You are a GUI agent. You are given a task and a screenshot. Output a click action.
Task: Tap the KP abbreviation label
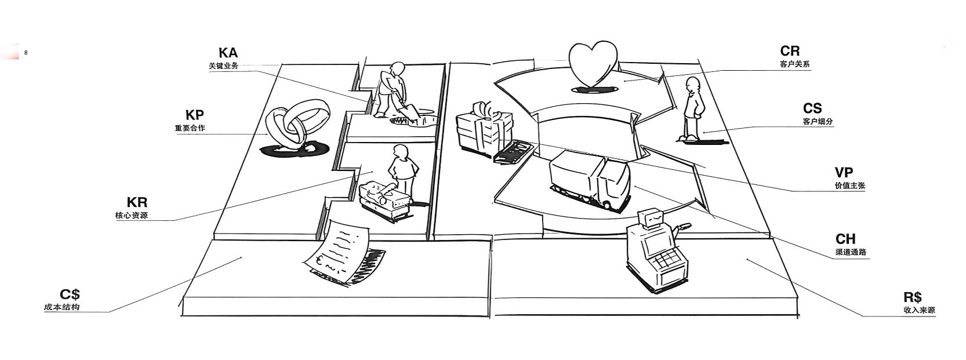(x=194, y=115)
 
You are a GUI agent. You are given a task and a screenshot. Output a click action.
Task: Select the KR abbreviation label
(x=137, y=202)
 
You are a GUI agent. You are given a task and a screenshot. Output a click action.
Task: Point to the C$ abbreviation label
(x=70, y=294)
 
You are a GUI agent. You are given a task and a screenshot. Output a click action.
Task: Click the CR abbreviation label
(x=790, y=52)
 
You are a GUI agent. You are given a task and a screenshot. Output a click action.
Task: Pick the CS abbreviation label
(x=812, y=108)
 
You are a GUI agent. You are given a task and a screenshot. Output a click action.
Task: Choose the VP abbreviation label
(x=844, y=173)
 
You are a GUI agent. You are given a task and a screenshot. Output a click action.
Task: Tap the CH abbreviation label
(x=845, y=239)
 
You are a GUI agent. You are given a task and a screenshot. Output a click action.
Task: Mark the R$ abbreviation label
(x=913, y=297)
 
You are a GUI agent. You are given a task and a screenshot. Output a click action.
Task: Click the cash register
(x=655, y=252)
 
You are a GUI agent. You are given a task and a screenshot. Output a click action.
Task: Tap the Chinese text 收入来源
(x=918, y=311)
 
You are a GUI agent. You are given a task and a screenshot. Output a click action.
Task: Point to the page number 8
(x=26, y=53)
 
